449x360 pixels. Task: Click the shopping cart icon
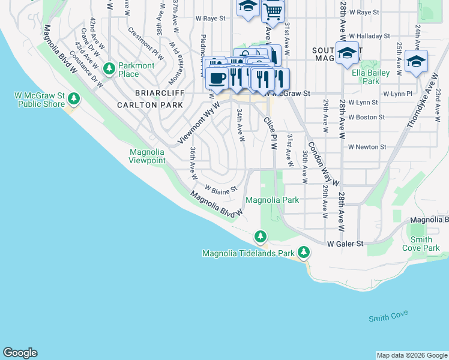[x=273, y=11]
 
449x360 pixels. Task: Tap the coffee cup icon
[x=217, y=77]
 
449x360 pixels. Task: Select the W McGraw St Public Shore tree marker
[x=73, y=98]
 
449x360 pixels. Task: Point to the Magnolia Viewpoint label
[x=147, y=156]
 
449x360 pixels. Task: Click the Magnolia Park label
[x=273, y=200]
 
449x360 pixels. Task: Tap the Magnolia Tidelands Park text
[x=249, y=253]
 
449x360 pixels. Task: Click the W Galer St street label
[x=346, y=244]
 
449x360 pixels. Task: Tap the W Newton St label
[x=367, y=147]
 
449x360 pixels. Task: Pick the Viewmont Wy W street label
[x=199, y=123]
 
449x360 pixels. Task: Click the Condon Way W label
[x=324, y=163]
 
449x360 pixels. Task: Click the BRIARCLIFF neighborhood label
[x=142, y=94]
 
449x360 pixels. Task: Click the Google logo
[x=20, y=353]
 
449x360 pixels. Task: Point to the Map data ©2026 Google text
[x=412, y=355]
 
